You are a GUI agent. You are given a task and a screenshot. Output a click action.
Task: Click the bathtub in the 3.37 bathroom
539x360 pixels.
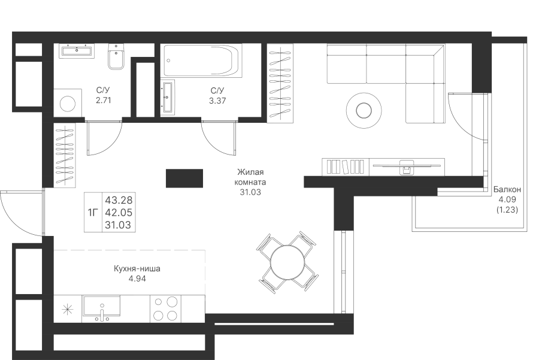point(202,60)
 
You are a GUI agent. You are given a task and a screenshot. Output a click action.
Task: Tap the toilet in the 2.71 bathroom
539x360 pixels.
point(116,57)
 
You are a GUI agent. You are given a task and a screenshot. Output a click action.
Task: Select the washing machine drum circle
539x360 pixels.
point(68,103)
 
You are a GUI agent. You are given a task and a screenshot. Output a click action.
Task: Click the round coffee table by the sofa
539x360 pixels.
point(364,111)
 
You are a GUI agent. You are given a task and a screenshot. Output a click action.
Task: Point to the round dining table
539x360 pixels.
point(287,263)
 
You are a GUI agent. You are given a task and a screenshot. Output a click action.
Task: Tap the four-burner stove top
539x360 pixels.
point(165,308)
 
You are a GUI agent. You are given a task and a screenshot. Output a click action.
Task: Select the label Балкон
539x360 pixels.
point(507,189)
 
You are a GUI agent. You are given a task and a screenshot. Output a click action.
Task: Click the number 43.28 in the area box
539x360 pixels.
point(119,200)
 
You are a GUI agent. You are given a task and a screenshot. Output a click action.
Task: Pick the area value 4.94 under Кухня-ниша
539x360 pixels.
point(137,279)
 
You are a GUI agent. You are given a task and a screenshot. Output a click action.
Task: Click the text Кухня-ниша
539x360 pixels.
point(137,269)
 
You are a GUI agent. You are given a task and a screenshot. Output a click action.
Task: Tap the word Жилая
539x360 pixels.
point(250,173)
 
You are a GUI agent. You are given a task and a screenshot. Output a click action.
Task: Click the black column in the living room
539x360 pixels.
point(184,178)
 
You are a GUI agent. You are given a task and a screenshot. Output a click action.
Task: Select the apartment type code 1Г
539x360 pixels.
point(93,213)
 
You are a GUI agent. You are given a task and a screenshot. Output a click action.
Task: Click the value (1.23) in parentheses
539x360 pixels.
point(507,210)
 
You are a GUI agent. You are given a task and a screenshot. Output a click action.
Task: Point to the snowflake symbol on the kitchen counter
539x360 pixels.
point(67,310)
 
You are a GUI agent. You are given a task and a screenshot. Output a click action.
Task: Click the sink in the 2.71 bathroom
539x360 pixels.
point(77,51)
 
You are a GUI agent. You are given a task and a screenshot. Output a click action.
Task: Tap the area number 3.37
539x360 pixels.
point(217,101)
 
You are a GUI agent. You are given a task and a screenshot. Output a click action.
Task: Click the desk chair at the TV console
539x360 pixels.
point(407,168)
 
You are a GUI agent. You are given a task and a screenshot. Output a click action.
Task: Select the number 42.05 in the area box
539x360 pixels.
point(119,213)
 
